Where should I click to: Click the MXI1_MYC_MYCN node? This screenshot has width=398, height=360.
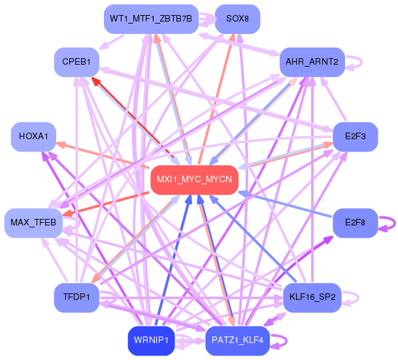(x=194, y=180)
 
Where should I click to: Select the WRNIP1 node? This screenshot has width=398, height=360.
(x=151, y=340)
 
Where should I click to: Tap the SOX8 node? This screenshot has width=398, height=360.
(x=237, y=18)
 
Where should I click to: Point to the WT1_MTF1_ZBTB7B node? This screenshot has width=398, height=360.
(x=150, y=18)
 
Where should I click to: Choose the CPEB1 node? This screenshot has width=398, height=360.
(x=76, y=61)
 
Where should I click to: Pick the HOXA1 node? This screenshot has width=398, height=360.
(x=33, y=137)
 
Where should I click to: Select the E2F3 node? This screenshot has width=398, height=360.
(x=356, y=137)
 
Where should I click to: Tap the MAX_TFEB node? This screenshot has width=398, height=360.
(x=33, y=223)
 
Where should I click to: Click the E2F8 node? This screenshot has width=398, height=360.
(x=356, y=223)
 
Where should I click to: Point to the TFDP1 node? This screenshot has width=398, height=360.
(x=76, y=297)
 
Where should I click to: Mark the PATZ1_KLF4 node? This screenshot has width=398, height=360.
(x=237, y=340)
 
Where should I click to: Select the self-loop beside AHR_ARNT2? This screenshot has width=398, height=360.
(x=356, y=62)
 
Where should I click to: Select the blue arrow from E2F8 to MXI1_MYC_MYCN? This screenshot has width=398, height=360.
(x=288, y=206)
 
